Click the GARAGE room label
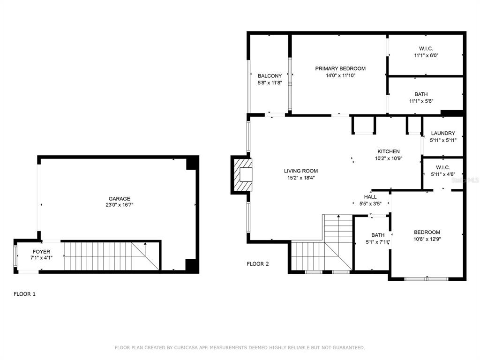pos(120,199)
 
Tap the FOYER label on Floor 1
pos(41,252)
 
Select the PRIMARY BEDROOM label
pos(340,68)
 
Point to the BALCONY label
pos(270,76)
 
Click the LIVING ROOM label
pos(301,171)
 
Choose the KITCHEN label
pos(389,151)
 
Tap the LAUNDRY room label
pos(443,133)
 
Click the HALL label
pos(370,197)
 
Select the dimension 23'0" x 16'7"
pos(120,205)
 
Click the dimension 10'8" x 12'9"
pos(427,239)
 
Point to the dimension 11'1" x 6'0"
pos(426,55)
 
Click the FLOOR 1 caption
pos(24,294)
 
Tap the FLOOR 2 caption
pos(258,264)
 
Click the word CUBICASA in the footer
pos(186,347)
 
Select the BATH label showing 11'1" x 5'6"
pos(421,94)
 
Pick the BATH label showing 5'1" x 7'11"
pos(378,235)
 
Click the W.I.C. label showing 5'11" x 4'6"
pos(443,167)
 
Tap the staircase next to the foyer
pos(112,256)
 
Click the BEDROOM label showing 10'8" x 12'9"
pos(427,232)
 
